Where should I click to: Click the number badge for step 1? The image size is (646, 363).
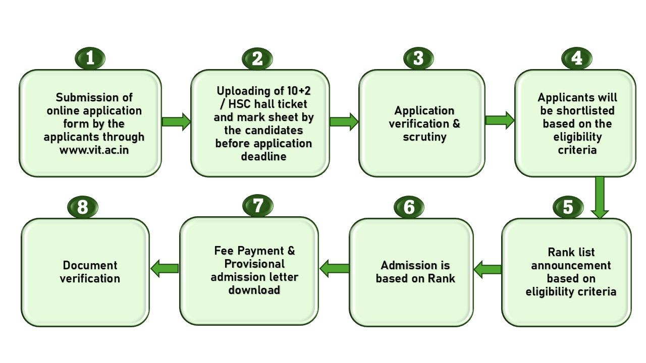[x=90, y=58]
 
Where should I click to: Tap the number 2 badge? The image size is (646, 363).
[x=257, y=58]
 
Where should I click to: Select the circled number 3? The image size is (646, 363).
[x=418, y=58]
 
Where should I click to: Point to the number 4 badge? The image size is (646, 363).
[x=577, y=58]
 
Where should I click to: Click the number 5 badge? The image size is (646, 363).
[x=568, y=207]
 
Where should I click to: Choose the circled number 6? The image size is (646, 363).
[x=409, y=207]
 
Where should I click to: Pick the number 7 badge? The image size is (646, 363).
[x=258, y=206]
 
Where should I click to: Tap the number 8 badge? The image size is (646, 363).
[x=83, y=207]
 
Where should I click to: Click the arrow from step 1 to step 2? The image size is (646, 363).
[x=176, y=122]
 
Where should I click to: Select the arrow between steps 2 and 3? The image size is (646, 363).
[x=344, y=122]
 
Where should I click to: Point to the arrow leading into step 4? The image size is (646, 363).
[x=500, y=120]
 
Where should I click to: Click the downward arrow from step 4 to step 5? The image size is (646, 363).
[x=600, y=197]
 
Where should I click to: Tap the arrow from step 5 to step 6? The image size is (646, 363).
[x=488, y=269]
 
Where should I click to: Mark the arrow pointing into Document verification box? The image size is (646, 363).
[x=165, y=269]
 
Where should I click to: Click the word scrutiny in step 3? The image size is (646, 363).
[x=424, y=137]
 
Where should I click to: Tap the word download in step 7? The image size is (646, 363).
[x=254, y=290]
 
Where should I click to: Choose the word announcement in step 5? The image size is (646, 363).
[x=571, y=265]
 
